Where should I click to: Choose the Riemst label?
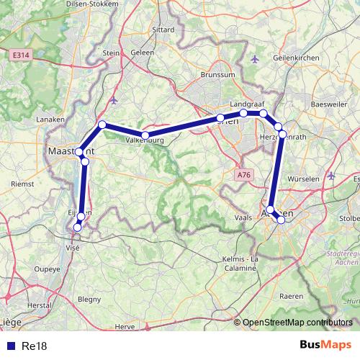(x=22, y=184)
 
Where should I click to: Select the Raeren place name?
(x=291, y=296)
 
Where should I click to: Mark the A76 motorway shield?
(x=244, y=174)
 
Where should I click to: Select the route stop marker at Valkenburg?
(x=145, y=135)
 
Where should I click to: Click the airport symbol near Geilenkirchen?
(x=253, y=58)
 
